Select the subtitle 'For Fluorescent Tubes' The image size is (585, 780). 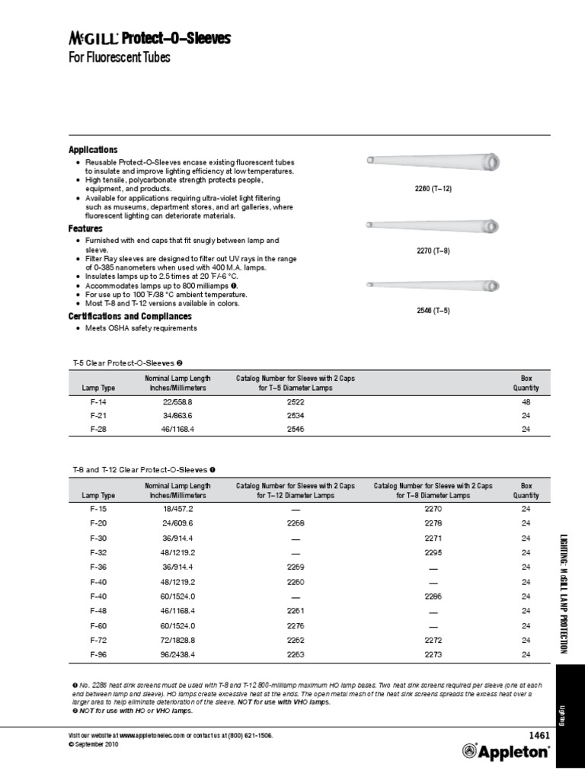tap(119, 58)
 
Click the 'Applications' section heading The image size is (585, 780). tap(93, 150)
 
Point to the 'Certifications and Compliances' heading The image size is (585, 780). tap(129, 316)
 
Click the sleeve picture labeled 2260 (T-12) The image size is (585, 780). tap(433, 162)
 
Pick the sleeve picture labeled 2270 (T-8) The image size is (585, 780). tap(433, 225)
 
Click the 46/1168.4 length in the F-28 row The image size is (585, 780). tap(178, 430)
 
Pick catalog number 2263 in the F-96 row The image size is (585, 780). tap(295, 654)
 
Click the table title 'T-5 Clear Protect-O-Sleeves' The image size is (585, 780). tap(122, 363)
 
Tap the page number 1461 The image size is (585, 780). tap(538, 735)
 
